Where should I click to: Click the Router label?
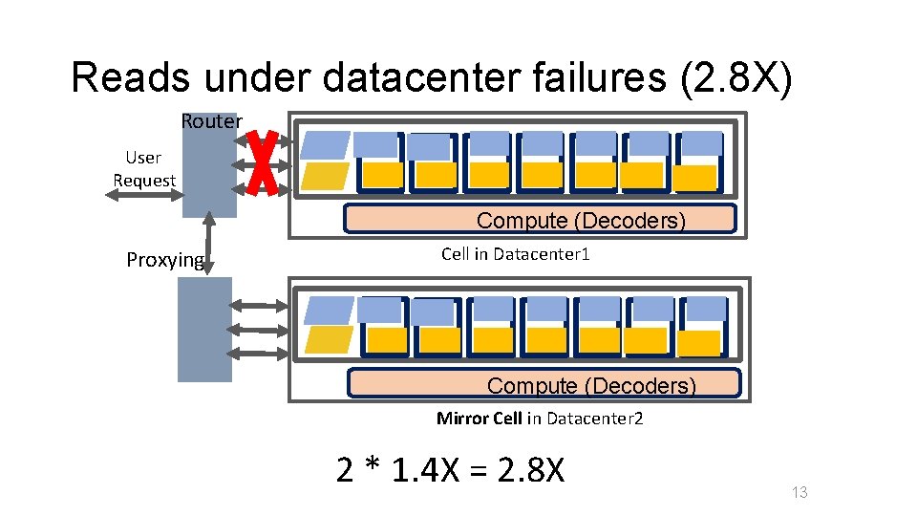pyautogui.click(x=211, y=121)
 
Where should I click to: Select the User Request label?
pyautogui.click(x=144, y=169)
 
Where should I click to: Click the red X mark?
pyautogui.click(x=262, y=163)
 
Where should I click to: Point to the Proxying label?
pyautogui.click(x=165, y=260)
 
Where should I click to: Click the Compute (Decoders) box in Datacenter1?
pyautogui.click(x=541, y=220)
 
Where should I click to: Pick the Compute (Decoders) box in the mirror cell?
pyautogui.click(x=544, y=384)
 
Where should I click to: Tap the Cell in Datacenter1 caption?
pyautogui.click(x=516, y=254)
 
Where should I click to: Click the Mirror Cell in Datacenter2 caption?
pyautogui.click(x=540, y=418)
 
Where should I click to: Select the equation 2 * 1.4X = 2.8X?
pyautogui.click(x=451, y=470)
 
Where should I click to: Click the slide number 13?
pyautogui.click(x=800, y=492)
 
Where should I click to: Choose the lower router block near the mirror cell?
pyautogui.click(x=204, y=330)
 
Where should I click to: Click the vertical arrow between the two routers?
pyautogui.click(x=208, y=247)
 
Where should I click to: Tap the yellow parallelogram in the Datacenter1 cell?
pyautogui.click(x=324, y=177)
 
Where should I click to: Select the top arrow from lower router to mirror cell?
pyautogui.click(x=260, y=306)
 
